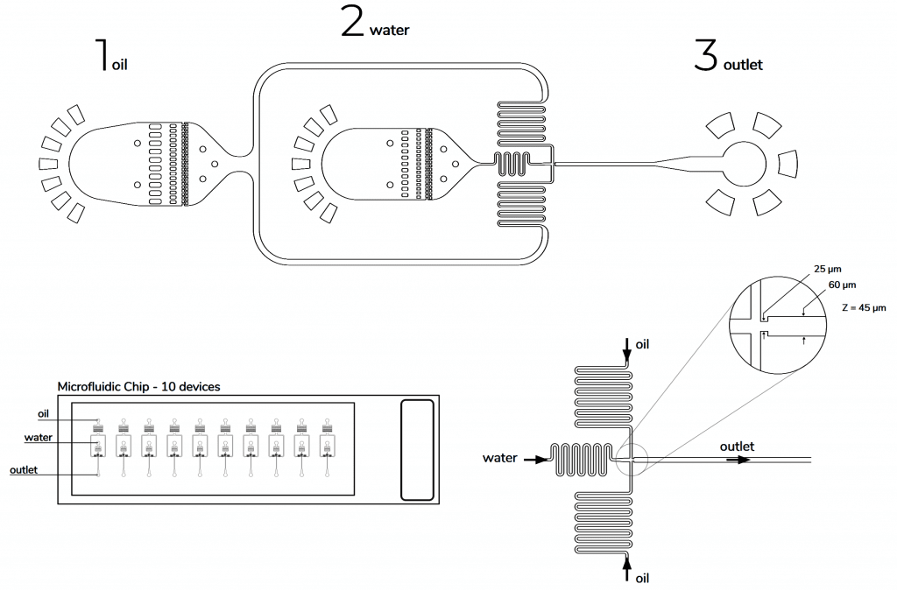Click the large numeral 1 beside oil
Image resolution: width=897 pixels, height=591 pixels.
point(103,54)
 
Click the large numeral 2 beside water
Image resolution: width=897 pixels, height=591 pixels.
point(352,21)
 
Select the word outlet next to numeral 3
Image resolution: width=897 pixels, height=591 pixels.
point(743,65)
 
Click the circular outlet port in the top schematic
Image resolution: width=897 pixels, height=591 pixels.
point(744,163)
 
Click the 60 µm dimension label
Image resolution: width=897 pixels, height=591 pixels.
point(842,285)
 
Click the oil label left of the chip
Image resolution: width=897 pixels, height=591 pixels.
point(43,413)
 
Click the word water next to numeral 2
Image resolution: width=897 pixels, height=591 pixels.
point(389,31)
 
